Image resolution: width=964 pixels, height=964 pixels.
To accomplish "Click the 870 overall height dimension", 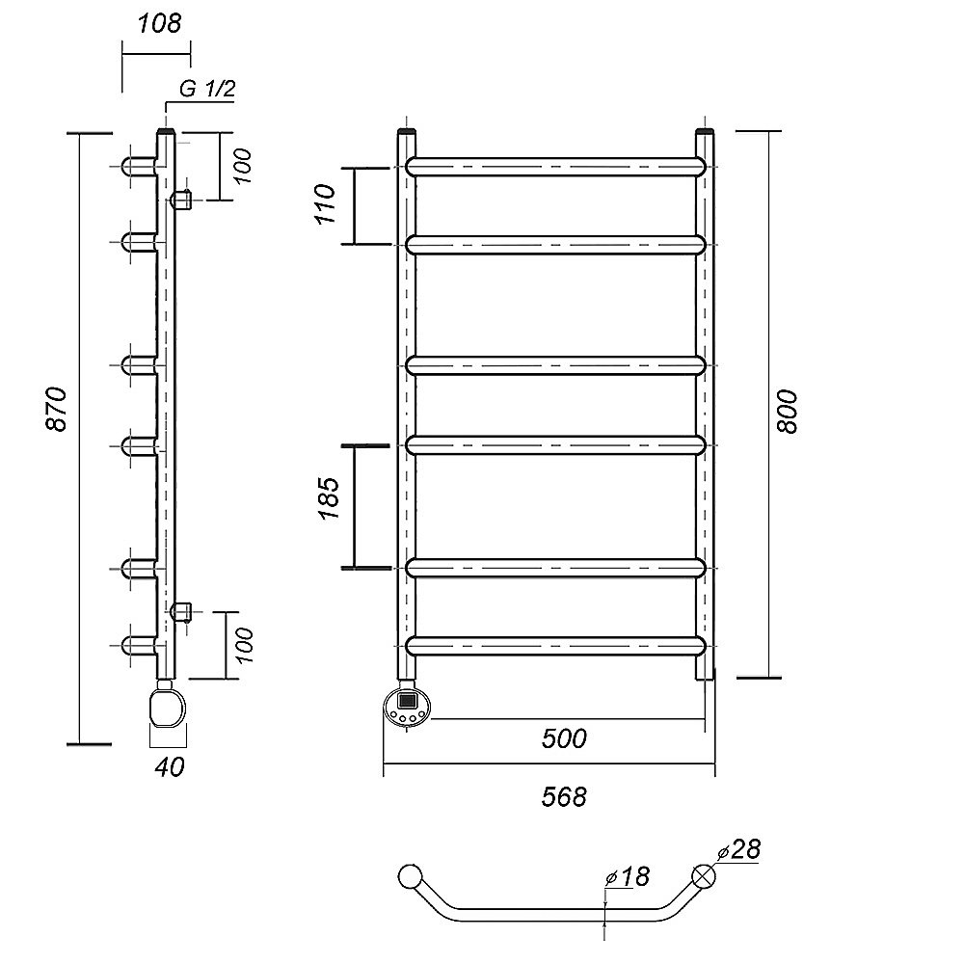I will click(59, 409).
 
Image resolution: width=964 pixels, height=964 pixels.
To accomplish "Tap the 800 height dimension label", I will click(788, 411).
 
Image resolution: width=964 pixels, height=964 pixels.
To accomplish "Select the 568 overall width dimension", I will click(564, 797).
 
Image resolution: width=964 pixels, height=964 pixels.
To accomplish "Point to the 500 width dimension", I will click(564, 738).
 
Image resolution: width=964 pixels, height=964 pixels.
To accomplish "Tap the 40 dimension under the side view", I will click(170, 766).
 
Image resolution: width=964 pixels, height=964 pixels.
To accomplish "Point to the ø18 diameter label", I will click(629, 876).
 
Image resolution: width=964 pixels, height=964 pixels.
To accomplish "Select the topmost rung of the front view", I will click(556, 166).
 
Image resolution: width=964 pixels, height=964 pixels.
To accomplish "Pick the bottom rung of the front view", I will click(556, 645).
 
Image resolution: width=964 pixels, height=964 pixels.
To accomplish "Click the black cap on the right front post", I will click(705, 130).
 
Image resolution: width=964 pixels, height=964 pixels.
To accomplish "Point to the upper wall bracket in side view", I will click(181, 201).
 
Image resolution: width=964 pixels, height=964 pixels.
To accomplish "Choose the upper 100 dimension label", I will click(242, 166).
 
